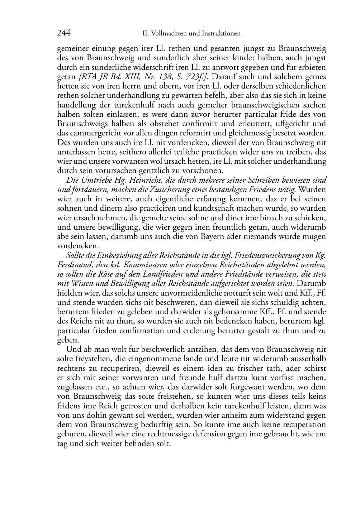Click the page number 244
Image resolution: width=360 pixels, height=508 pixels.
coord(63,33)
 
